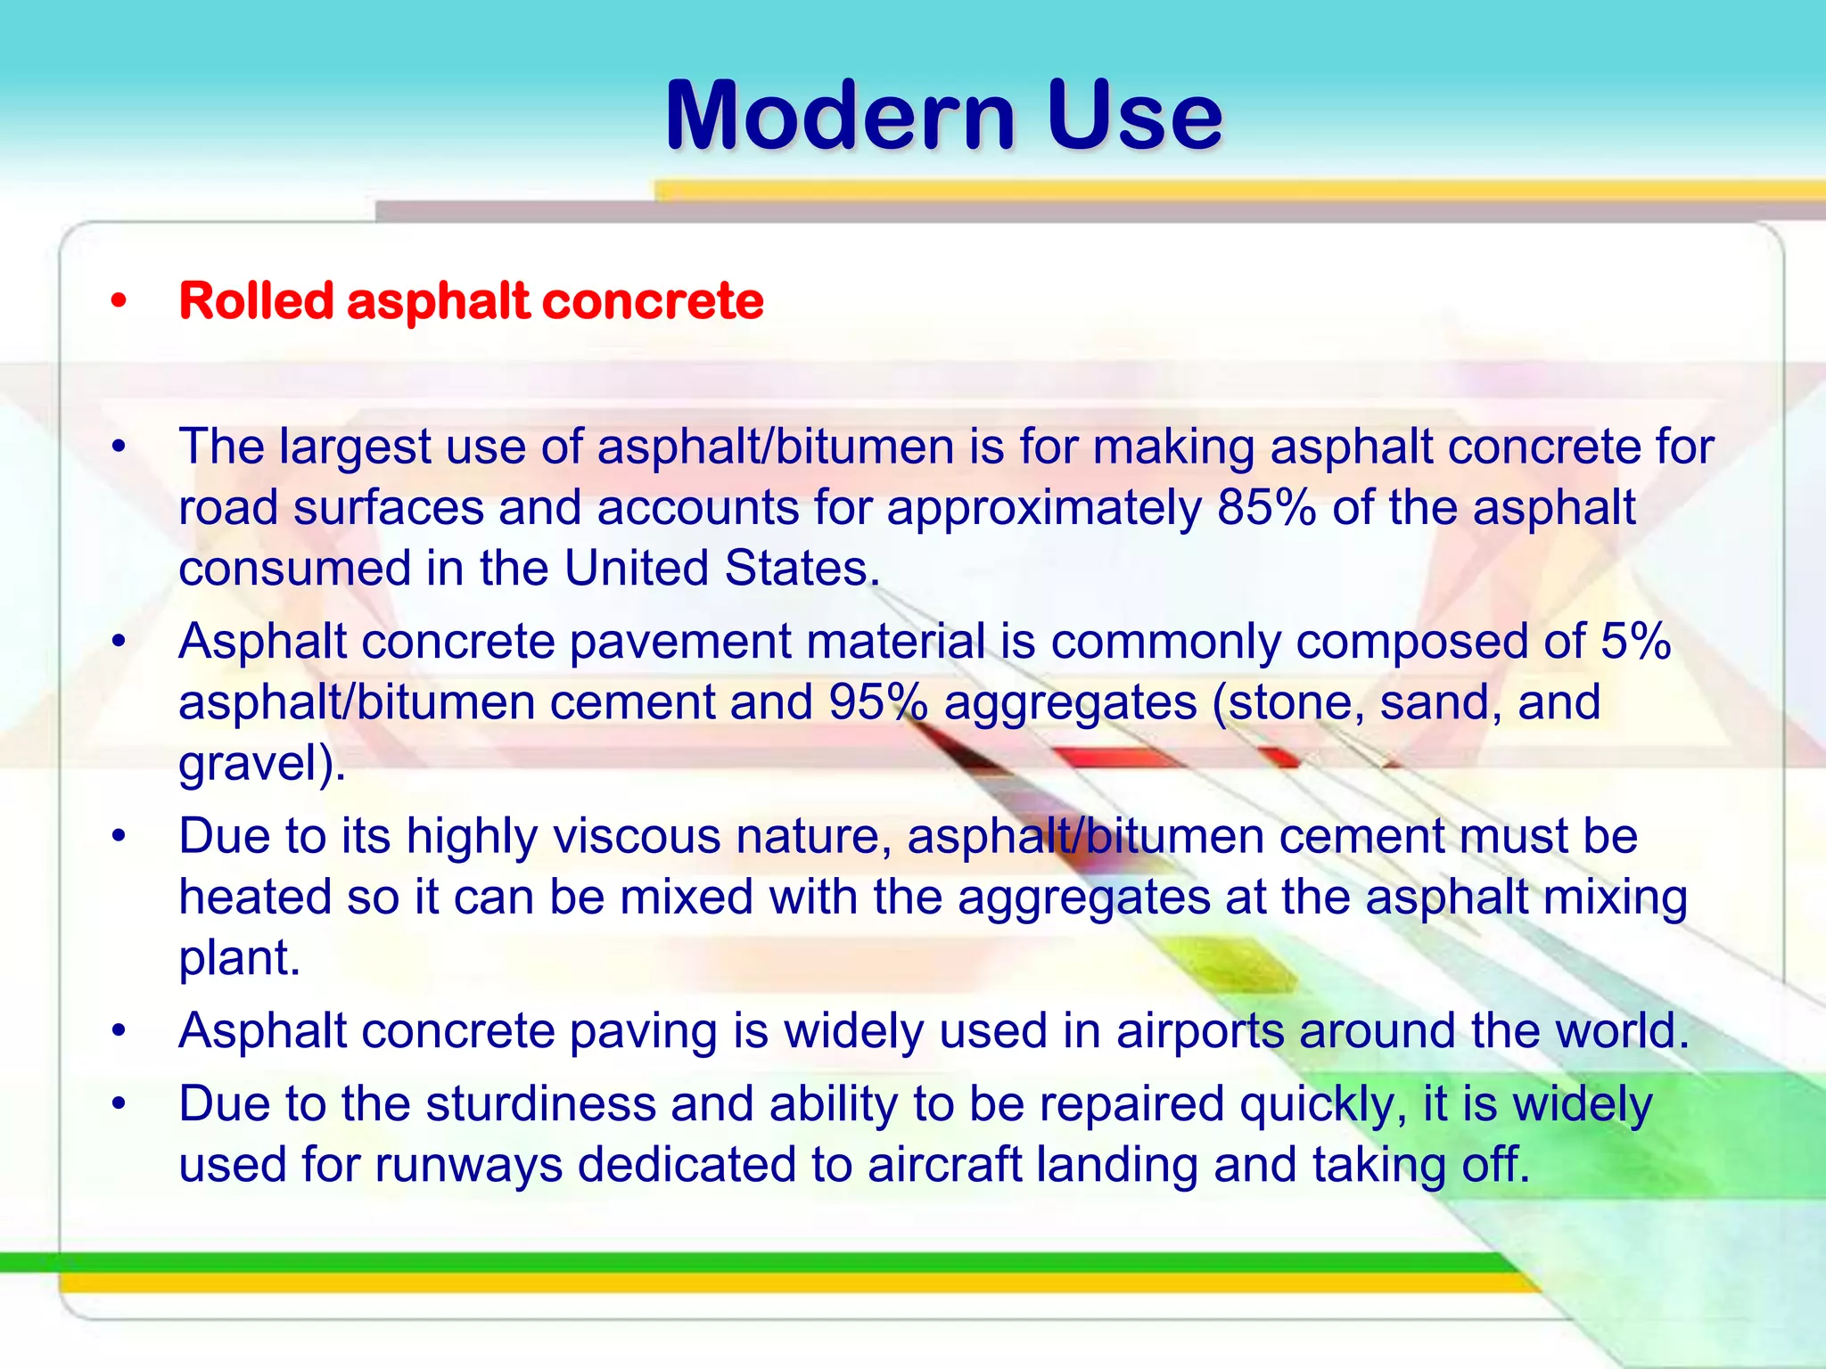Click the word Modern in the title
click(840, 116)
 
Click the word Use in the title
click(1135, 116)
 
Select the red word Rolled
click(256, 300)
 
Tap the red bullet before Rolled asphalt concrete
click(119, 302)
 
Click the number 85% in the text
click(1266, 508)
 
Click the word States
click(802, 569)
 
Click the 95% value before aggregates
click(878, 702)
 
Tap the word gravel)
click(262, 765)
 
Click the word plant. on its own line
click(239, 958)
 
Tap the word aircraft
click(944, 1165)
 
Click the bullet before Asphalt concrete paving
click(119, 1032)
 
